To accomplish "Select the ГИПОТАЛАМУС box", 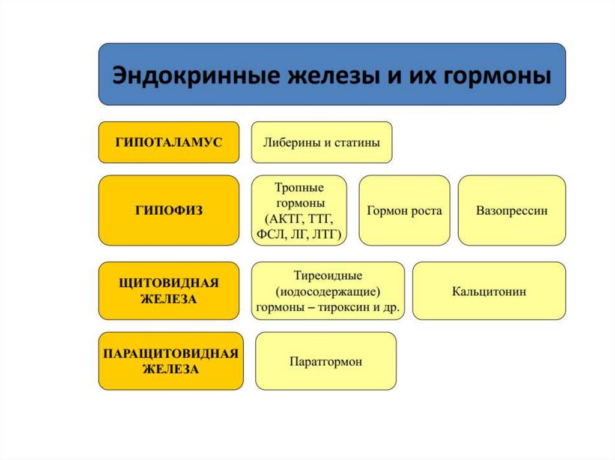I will click(169, 142).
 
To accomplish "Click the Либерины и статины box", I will click(321, 143).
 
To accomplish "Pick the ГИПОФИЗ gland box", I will click(169, 211).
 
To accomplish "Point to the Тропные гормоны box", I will click(299, 211).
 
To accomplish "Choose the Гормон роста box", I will click(404, 211).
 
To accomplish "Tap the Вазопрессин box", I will click(512, 211).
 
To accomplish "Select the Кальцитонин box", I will click(489, 291).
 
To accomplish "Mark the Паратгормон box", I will click(326, 362).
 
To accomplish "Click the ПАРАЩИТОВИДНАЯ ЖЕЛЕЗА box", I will click(171, 362).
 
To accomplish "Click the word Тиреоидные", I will click(328, 275).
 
